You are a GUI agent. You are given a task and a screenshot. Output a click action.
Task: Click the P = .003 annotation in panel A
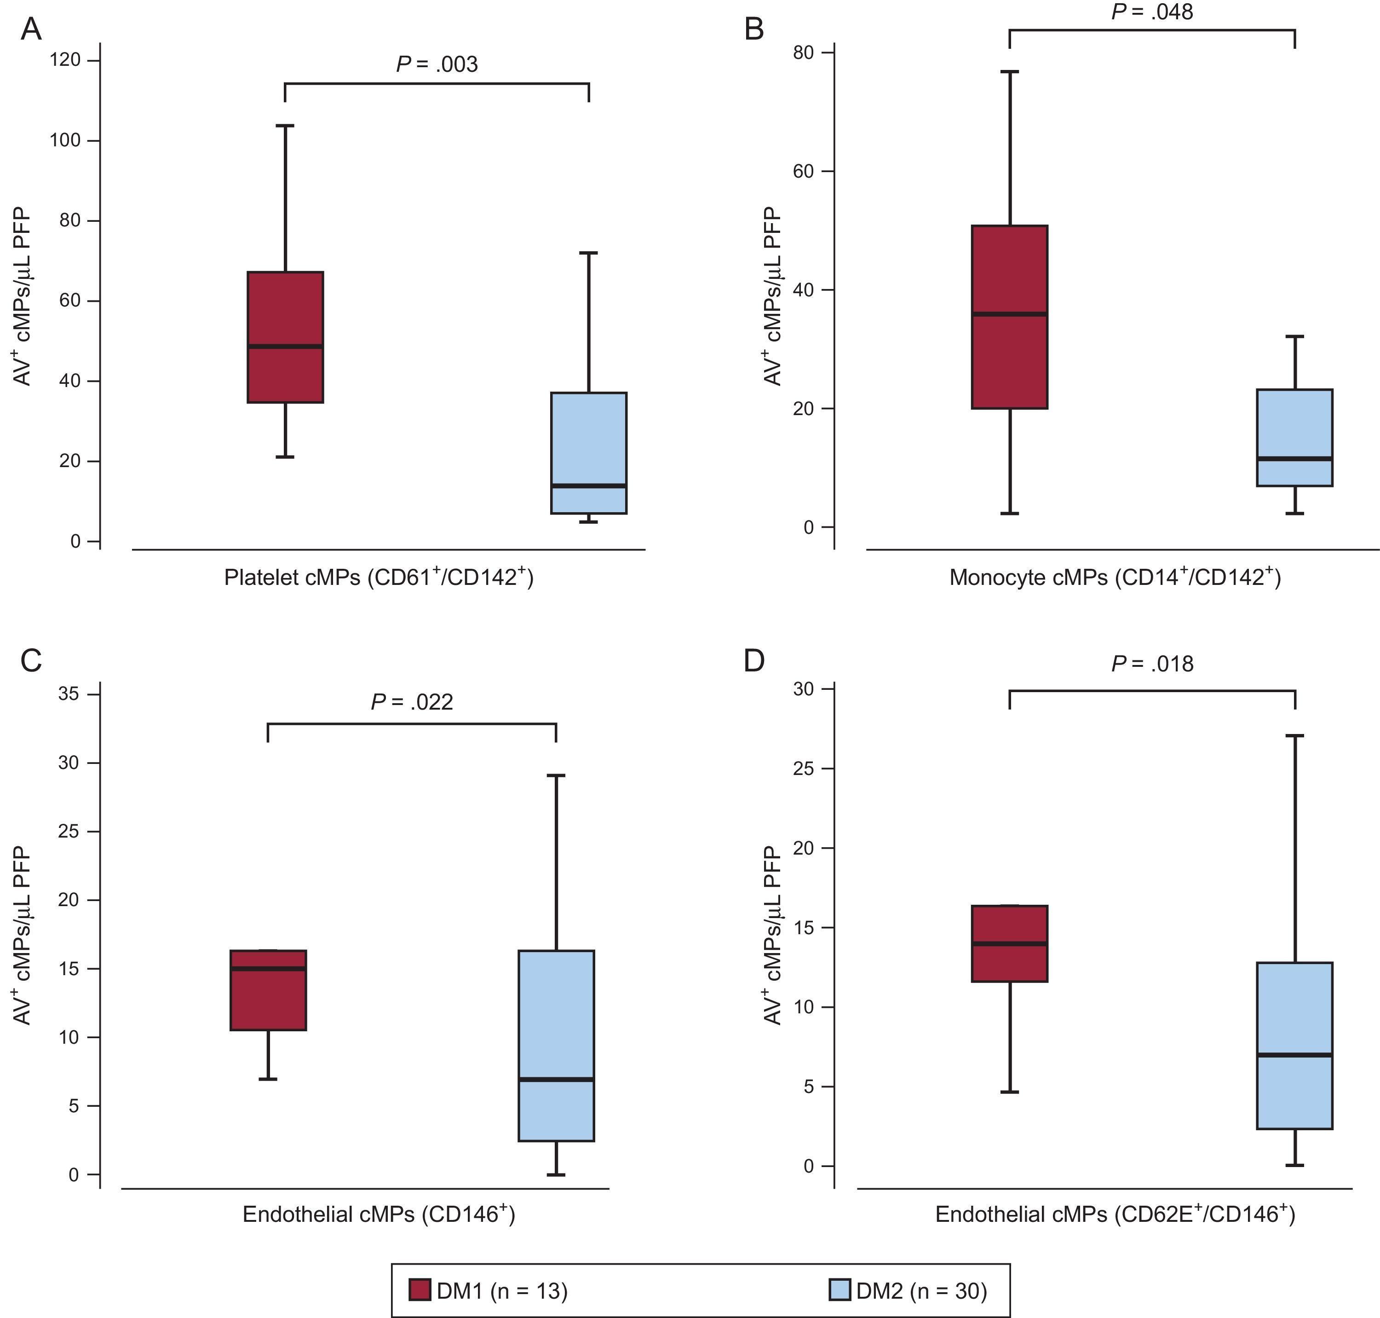tap(437, 64)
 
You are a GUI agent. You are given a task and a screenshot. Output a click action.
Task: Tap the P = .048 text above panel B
tap(1152, 12)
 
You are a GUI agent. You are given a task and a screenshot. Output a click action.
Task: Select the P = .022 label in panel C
tap(412, 702)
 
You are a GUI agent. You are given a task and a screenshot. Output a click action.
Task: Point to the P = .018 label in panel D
tap(1152, 664)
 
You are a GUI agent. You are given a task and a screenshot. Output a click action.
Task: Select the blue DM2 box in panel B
tap(1294, 422)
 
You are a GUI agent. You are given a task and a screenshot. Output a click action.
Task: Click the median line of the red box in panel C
tap(268, 969)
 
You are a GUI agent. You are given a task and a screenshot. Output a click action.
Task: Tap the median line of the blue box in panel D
tap(1294, 1055)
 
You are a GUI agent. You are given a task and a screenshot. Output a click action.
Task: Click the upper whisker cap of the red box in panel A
tap(285, 126)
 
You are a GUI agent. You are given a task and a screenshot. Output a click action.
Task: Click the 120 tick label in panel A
tap(64, 60)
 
